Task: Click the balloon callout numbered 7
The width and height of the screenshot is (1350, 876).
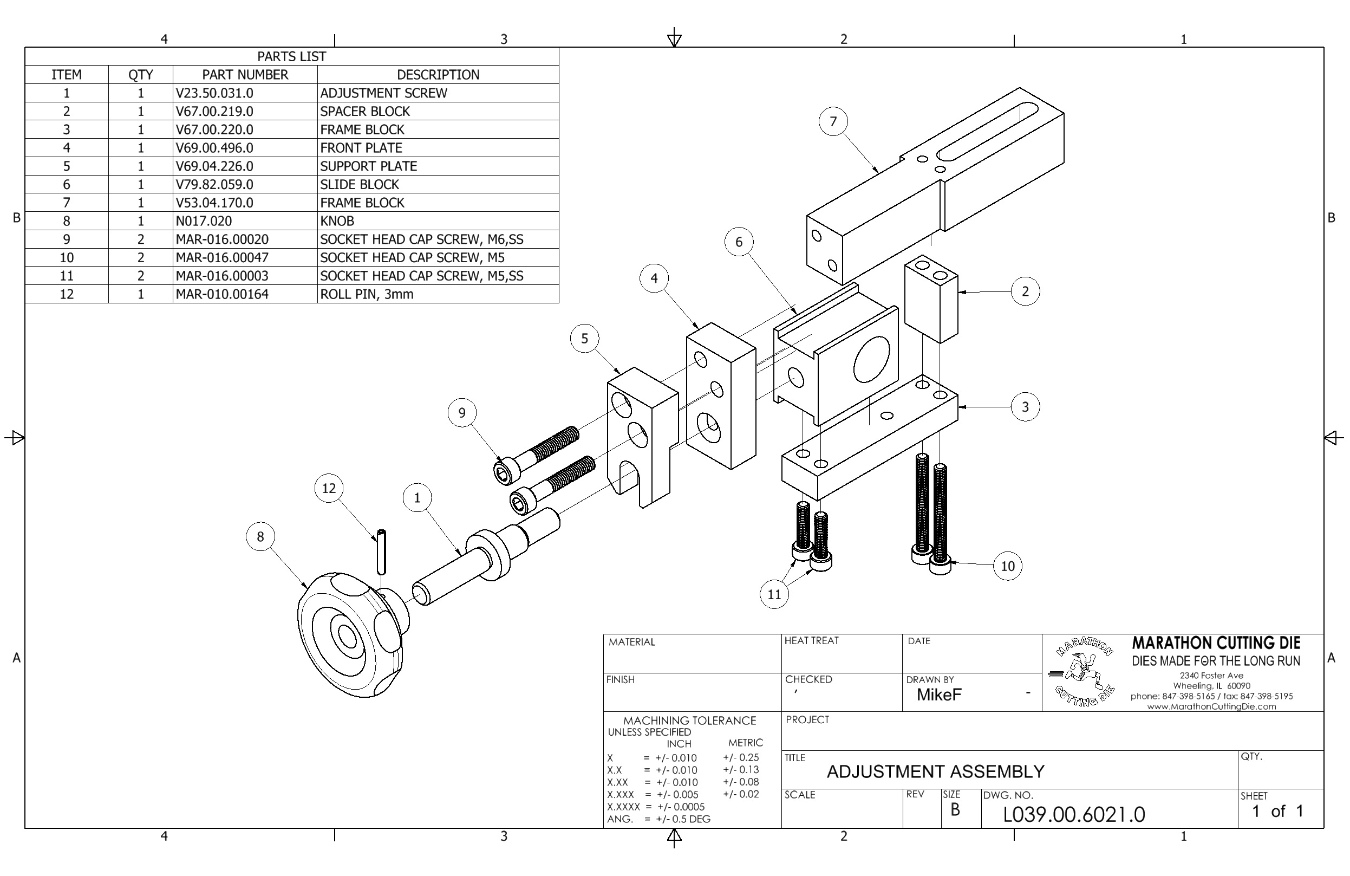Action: click(833, 121)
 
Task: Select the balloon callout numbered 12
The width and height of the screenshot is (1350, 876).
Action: click(329, 488)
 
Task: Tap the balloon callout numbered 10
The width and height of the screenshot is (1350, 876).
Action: click(1007, 566)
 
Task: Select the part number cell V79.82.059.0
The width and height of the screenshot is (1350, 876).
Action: click(214, 184)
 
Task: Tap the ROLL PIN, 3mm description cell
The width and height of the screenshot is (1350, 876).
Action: click(367, 294)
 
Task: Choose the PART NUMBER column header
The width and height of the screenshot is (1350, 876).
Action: click(245, 74)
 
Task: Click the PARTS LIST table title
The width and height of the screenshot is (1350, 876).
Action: click(291, 56)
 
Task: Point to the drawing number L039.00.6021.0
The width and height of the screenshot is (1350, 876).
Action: click(1074, 814)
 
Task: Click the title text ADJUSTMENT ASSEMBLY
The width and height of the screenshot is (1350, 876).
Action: click(935, 771)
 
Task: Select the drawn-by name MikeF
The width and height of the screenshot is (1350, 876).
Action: click(939, 695)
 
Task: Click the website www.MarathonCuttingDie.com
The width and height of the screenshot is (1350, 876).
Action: click(1211, 706)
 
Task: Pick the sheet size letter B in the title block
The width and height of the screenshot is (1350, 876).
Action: click(955, 809)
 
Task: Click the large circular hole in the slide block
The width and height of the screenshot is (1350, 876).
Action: click(872, 359)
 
